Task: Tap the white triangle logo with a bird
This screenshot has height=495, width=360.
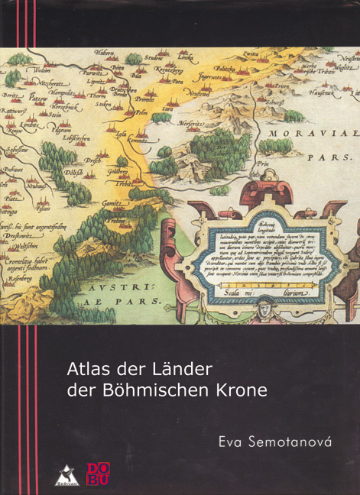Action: (x=66, y=475)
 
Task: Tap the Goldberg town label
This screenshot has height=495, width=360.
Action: (x=119, y=174)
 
